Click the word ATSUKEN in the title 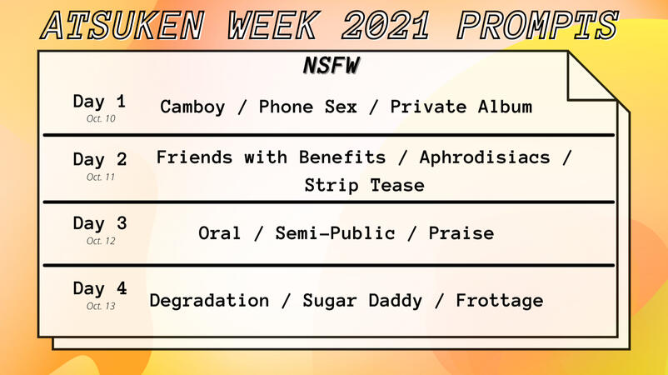pyautogui.click(x=122, y=26)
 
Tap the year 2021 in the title pyautogui.click(x=386, y=26)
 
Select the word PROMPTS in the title pyautogui.click(x=537, y=26)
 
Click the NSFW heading pyautogui.click(x=332, y=66)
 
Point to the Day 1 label pyautogui.click(x=99, y=102)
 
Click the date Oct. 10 pyautogui.click(x=101, y=118)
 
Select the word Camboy pyautogui.click(x=192, y=107)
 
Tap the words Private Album pyautogui.click(x=461, y=107)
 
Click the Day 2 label pyautogui.click(x=100, y=159)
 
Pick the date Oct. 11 pyautogui.click(x=101, y=177)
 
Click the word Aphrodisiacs pyautogui.click(x=485, y=157)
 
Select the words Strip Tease pyautogui.click(x=364, y=185)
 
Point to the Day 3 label pyautogui.click(x=100, y=223)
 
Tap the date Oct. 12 pyautogui.click(x=101, y=241)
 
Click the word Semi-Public pyautogui.click(x=336, y=233)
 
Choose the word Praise pyautogui.click(x=461, y=233)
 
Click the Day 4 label pyautogui.click(x=100, y=288)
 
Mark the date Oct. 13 pyautogui.click(x=101, y=306)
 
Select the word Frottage pyautogui.click(x=500, y=301)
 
